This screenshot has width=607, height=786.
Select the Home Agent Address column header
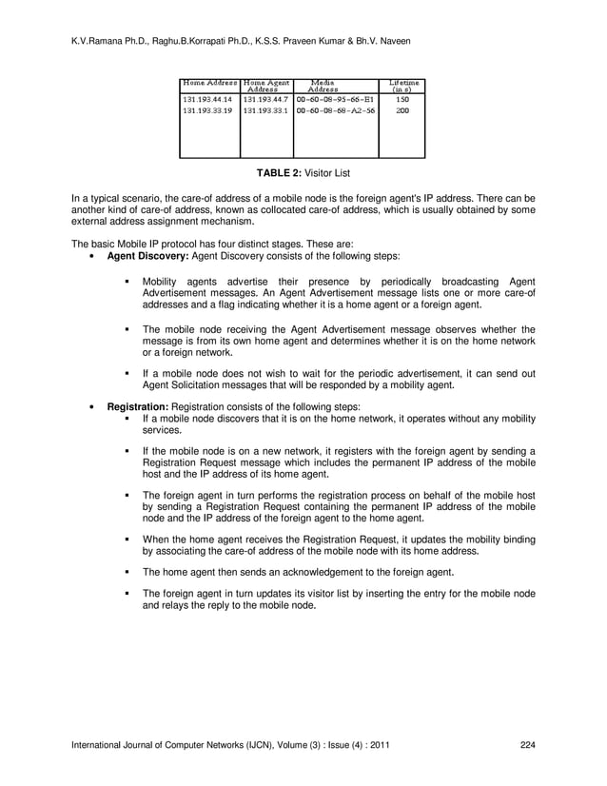[265, 86]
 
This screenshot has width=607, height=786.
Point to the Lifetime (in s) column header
[402, 86]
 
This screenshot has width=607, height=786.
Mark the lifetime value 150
[402, 98]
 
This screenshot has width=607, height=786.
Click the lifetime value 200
[402, 109]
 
